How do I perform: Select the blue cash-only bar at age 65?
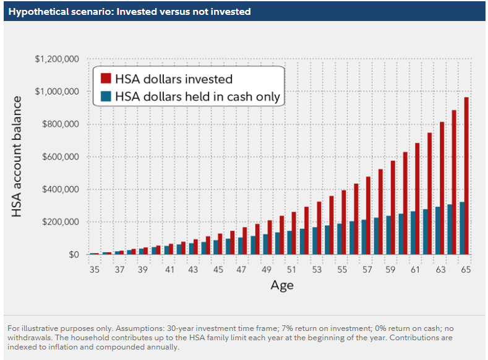[461, 228]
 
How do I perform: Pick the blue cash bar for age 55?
[338, 239]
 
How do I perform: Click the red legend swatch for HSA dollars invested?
[106, 79]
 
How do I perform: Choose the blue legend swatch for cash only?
[106, 96]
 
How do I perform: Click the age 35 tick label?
[94, 270]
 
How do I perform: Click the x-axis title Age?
[281, 285]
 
